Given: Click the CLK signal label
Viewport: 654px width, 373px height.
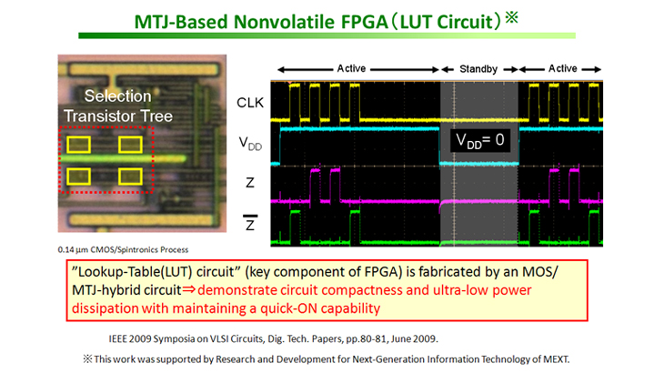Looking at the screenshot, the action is pyautogui.click(x=250, y=103).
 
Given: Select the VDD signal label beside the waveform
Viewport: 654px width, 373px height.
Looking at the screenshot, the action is pyautogui.click(x=250, y=144).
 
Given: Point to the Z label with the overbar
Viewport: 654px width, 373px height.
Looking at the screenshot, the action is pyautogui.click(x=250, y=223).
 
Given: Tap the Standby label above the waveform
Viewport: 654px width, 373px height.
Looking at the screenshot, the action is pyautogui.click(x=478, y=69).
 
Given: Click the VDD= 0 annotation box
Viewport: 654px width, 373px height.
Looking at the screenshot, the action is pyautogui.click(x=480, y=141).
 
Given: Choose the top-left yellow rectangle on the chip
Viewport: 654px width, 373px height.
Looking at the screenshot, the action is pyautogui.click(x=78, y=145).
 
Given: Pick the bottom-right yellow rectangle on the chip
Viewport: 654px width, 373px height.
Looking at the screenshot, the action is pyautogui.click(x=130, y=176).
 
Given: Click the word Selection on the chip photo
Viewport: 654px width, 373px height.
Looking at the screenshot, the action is pyautogui.click(x=118, y=96).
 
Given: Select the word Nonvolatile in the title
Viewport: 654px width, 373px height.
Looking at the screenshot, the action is pyautogui.click(x=285, y=22).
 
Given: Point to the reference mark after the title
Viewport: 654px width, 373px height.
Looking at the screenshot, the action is pyautogui.click(x=512, y=17).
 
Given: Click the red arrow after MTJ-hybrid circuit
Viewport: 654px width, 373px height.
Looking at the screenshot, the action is pyautogui.click(x=188, y=289).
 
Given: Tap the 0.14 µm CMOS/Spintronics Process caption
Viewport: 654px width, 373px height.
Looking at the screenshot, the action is pyautogui.click(x=123, y=250).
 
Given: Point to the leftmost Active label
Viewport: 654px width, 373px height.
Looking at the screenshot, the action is pyautogui.click(x=351, y=68).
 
